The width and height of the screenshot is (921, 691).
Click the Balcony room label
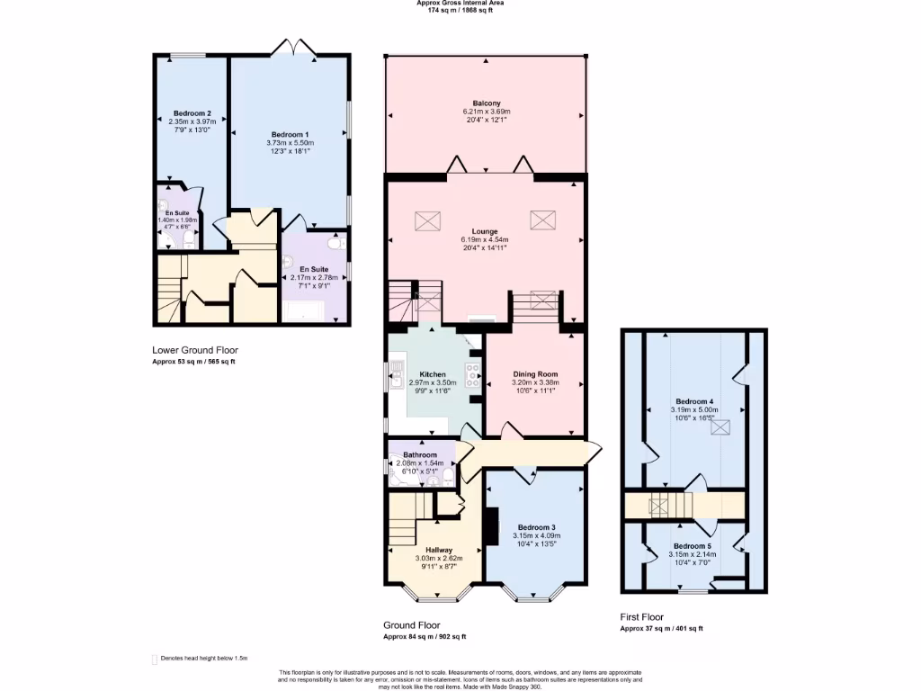(486, 103)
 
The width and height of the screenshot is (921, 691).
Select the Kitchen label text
(433, 374)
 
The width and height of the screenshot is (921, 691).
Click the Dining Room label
(535, 374)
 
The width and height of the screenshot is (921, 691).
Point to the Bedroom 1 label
(290, 134)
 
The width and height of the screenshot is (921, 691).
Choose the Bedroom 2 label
(192, 113)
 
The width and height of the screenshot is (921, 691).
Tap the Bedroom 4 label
(693, 401)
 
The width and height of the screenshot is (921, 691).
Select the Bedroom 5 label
(693, 546)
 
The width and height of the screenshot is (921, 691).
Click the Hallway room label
(439, 550)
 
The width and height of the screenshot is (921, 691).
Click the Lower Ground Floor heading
(195, 350)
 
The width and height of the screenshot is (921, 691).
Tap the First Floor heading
(641, 617)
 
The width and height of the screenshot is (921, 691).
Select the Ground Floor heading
(412, 624)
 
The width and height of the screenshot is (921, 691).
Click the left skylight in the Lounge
(425, 220)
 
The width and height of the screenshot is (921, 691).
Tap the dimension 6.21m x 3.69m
(486, 111)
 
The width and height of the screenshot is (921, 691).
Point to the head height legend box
(154, 660)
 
